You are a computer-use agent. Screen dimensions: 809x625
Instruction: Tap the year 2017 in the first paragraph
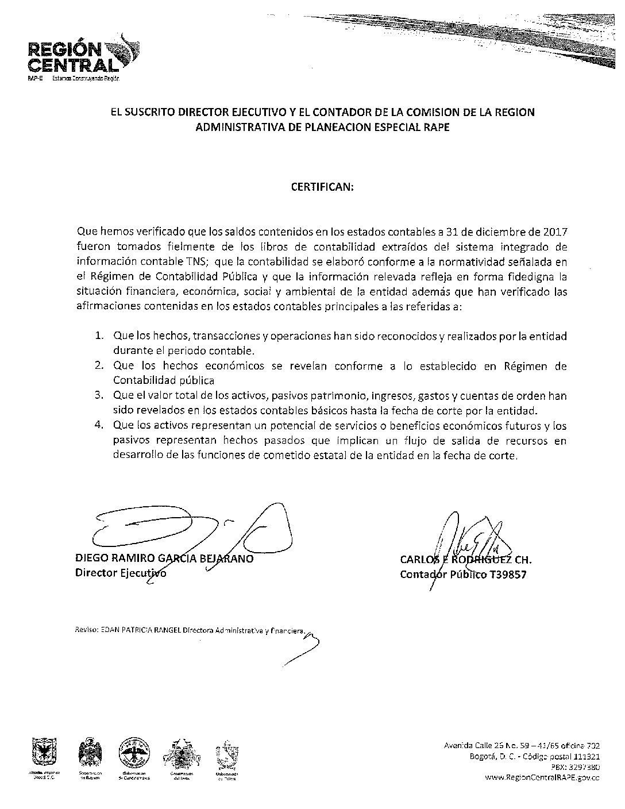(555, 232)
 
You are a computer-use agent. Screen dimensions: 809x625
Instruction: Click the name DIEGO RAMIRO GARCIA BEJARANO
(164, 559)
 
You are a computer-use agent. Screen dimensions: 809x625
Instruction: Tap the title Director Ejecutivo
(121, 573)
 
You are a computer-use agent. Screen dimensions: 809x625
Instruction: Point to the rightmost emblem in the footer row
(226, 757)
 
